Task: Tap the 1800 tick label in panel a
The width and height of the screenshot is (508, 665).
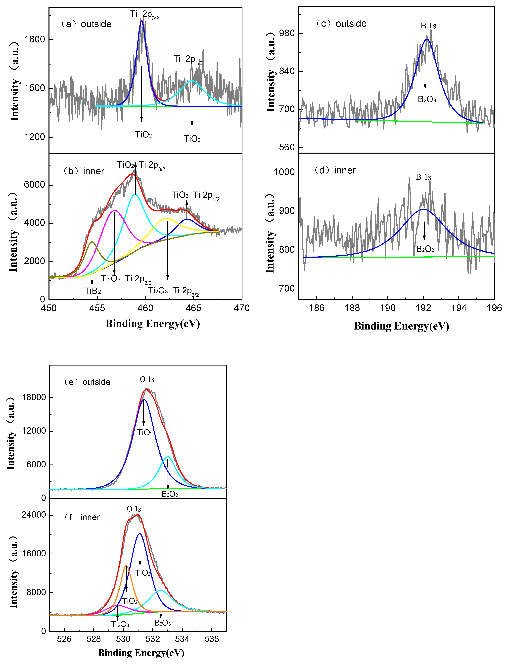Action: pyautogui.click(x=35, y=40)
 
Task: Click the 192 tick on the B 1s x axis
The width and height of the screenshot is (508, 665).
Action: pyautogui.click(x=423, y=308)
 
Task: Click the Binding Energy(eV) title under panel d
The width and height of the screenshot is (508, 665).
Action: pyautogui.click(x=401, y=326)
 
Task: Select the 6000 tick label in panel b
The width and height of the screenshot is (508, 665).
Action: pyautogui.click(x=35, y=185)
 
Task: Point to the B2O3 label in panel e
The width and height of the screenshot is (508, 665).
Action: pyautogui.click(x=170, y=494)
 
